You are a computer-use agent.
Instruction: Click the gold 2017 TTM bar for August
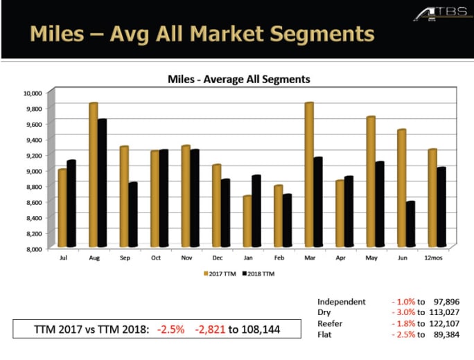point(93,175)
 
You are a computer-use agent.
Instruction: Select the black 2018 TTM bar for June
point(411,224)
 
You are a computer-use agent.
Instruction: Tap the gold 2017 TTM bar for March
point(309,175)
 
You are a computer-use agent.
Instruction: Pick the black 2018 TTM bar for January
point(256,211)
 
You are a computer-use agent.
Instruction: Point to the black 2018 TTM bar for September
point(132,215)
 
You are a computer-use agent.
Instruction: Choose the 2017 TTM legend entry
point(220,274)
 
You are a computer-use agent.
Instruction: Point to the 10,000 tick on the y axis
point(33,93)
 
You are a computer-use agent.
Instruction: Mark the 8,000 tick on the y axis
point(34,248)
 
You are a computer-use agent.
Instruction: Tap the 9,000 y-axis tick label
point(34,170)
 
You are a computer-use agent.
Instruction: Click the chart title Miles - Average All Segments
point(239,80)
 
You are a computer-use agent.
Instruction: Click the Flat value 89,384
point(442,335)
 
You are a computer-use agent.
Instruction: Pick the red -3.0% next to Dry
point(403,313)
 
